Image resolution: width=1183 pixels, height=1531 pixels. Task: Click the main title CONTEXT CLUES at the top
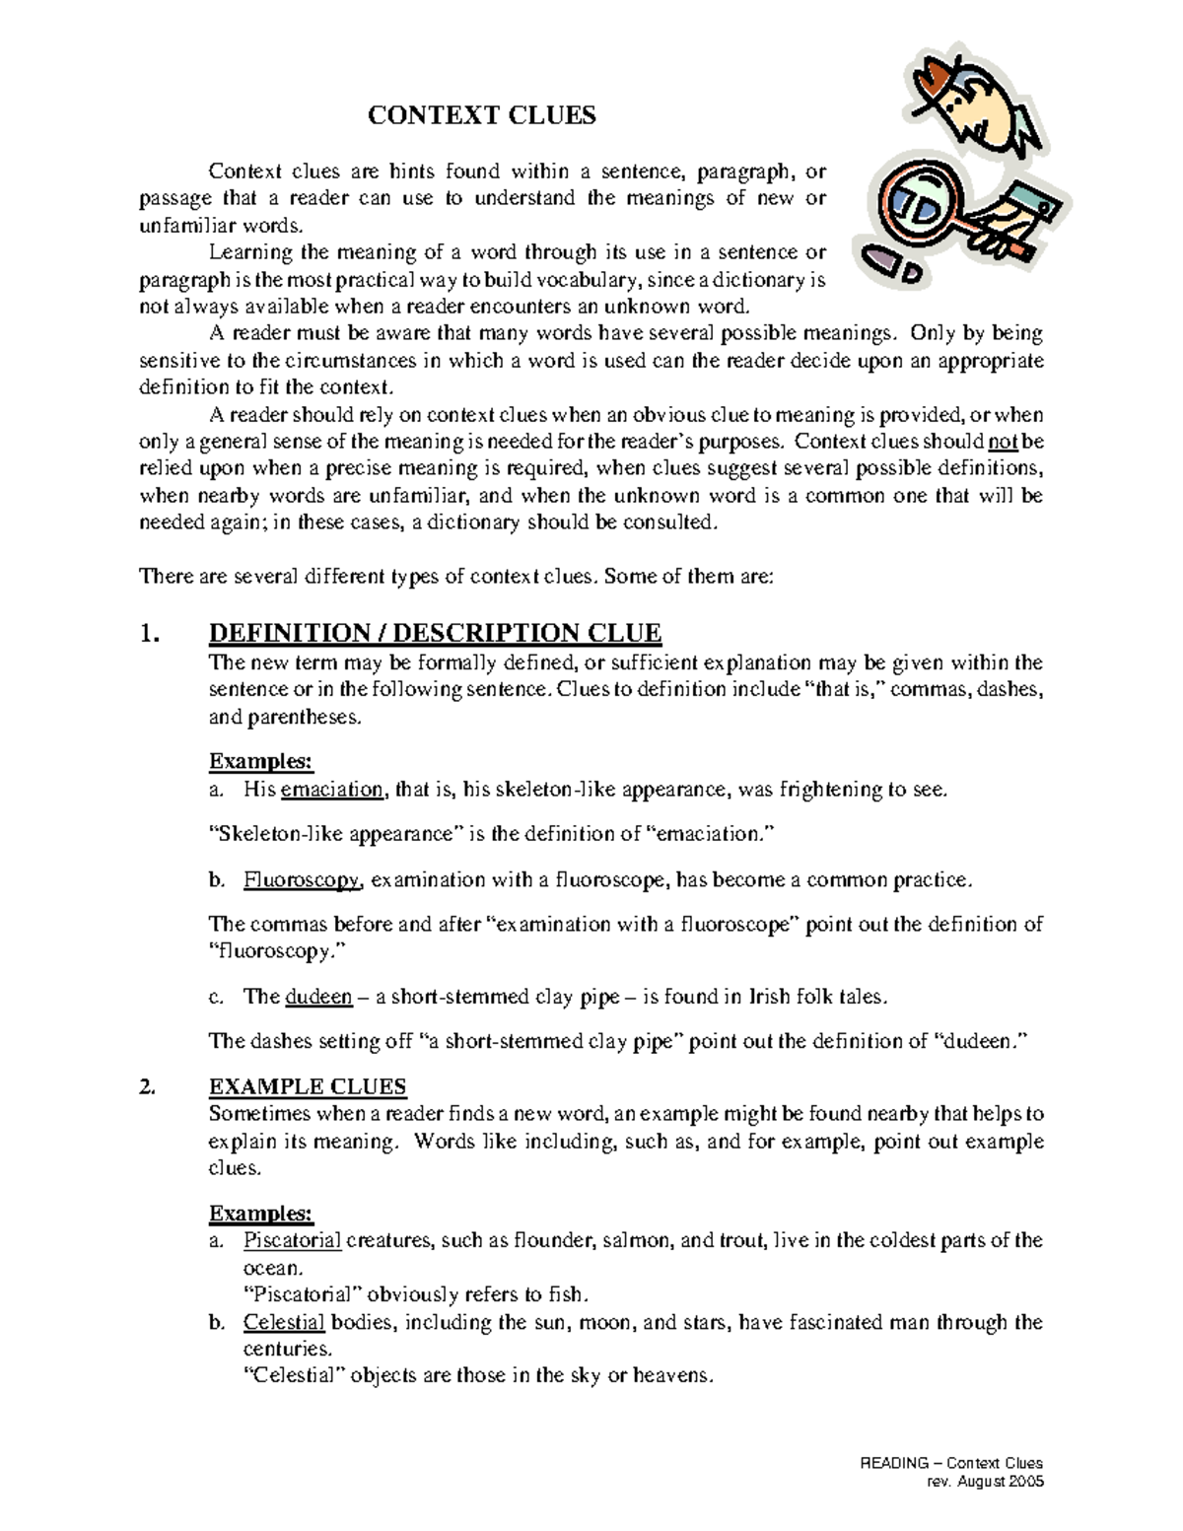481,115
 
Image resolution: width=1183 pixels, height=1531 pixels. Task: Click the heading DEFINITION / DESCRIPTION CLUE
435,632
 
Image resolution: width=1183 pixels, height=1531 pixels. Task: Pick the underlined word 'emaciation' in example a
332,789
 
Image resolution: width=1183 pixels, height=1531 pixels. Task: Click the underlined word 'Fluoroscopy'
302,879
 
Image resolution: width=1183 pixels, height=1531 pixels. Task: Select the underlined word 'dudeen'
318,997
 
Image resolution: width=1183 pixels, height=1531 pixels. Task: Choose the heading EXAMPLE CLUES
308,1086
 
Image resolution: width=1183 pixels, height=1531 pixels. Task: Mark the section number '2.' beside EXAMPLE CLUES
148,1087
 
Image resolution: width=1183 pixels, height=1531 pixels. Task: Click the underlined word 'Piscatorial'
292,1240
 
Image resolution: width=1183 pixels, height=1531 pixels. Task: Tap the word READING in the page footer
894,1463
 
